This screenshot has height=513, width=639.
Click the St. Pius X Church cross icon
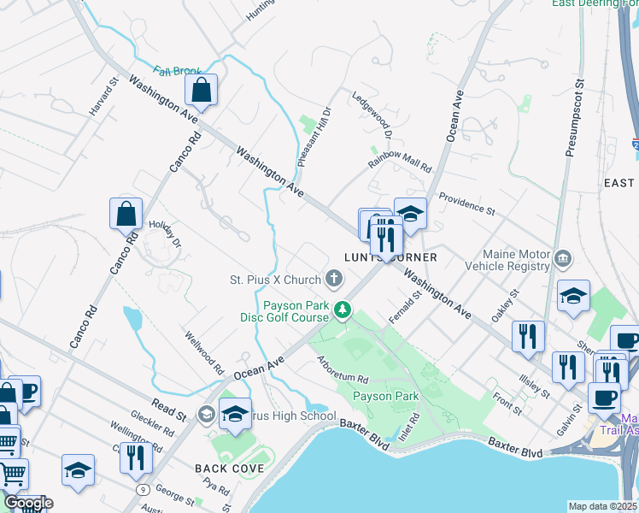(x=333, y=278)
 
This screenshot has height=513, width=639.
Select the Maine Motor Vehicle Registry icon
(x=563, y=257)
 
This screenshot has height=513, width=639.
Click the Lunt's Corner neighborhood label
(x=390, y=257)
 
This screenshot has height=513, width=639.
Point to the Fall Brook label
(x=177, y=72)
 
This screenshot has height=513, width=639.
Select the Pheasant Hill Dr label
(x=314, y=138)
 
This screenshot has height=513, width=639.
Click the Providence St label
(x=466, y=203)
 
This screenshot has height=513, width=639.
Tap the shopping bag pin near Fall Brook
(x=201, y=91)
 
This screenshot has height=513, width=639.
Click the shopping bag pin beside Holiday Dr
(x=126, y=214)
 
